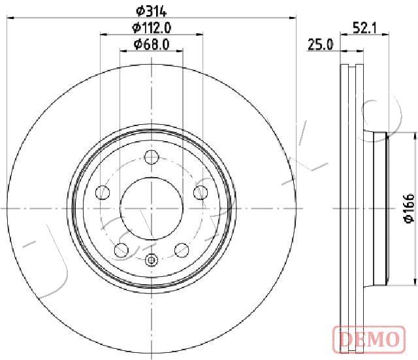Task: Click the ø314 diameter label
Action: pyautogui.click(x=151, y=11)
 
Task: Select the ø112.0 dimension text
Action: pyautogui.click(x=152, y=27)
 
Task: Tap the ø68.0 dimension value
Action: pyautogui.click(x=152, y=44)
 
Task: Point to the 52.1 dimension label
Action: pyautogui.click(x=364, y=27)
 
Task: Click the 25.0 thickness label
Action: pyautogui.click(x=321, y=44)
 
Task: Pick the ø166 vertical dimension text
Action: pyautogui.click(x=410, y=208)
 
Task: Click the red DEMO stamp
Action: pyautogui.click(x=369, y=339)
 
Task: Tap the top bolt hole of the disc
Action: pyautogui.click(x=152, y=157)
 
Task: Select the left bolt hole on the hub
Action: pyautogui.click(x=103, y=192)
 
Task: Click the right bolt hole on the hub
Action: pyautogui.click(x=201, y=192)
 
